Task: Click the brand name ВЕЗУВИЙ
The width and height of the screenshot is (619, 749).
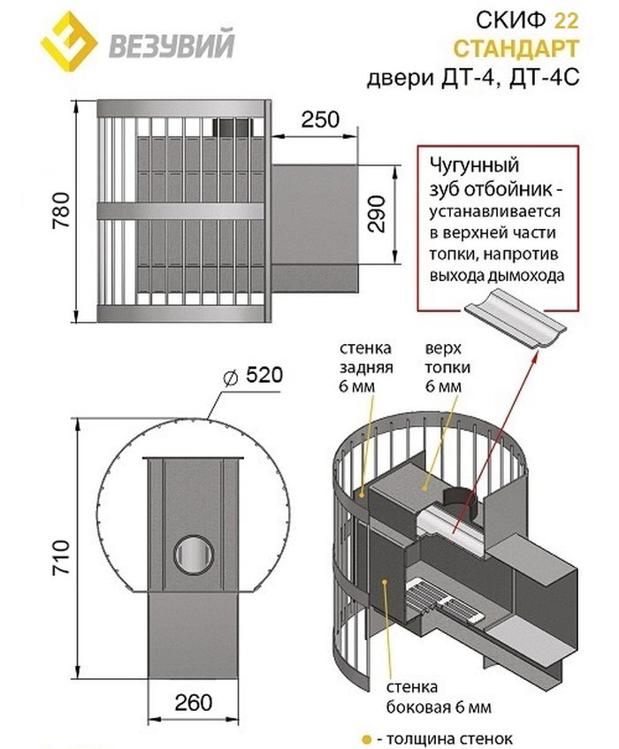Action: click(x=171, y=42)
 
